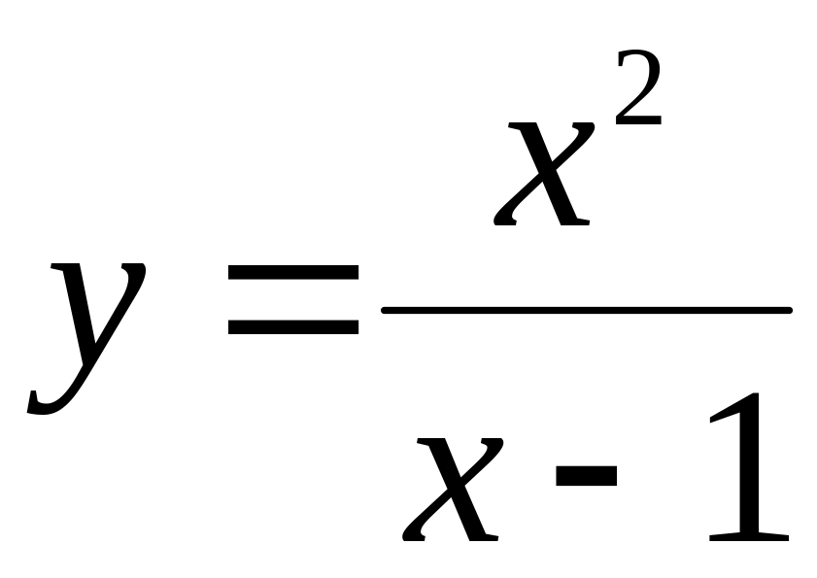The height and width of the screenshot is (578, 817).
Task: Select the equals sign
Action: (x=293, y=301)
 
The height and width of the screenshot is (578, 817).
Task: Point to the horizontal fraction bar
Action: (x=587, y=311)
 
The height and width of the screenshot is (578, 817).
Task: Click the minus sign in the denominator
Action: (x=587, y=473)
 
